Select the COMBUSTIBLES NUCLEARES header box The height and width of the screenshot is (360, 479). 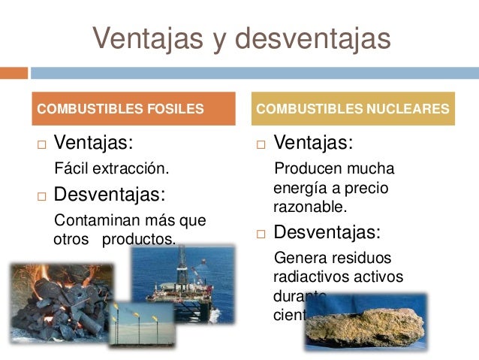pyautogui.click(x=353, y=108)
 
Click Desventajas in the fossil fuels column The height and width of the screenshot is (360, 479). pyautogui.click(x=110, y=195)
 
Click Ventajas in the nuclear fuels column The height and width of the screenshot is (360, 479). pyautogui.click(x=314, y=143)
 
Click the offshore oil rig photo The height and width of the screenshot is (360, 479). pyautogui.click(x=182, y=282)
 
